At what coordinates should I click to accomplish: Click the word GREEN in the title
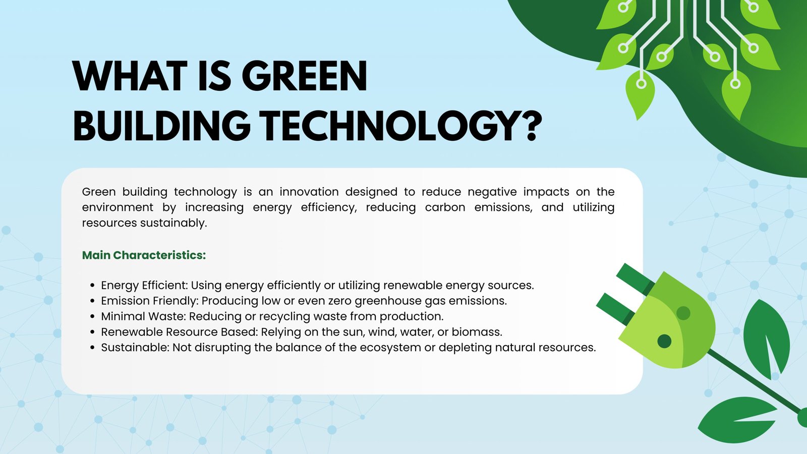tap(304, 77)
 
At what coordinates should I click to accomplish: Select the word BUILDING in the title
tap(161, 126)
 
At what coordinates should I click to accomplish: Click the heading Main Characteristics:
tap(144, 255)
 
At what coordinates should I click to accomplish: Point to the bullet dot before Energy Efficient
tap(92, 286)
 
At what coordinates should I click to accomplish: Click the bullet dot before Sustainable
tap(92, 348)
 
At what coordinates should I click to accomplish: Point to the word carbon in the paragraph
tap(444, 207)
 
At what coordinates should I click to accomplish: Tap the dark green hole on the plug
tap(665, 342)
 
